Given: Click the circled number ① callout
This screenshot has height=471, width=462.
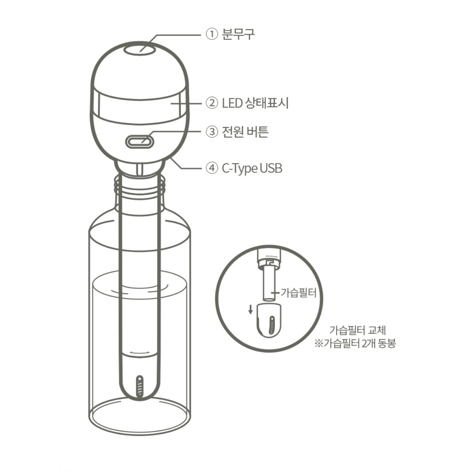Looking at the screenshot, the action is point(212,34).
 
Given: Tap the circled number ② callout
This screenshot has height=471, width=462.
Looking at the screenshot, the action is point(212,103).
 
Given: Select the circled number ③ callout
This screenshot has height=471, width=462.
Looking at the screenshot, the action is point(212,131).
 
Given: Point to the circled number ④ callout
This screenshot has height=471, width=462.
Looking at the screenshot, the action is point(212,168).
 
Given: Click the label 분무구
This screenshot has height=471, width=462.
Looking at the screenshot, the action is point(238,34).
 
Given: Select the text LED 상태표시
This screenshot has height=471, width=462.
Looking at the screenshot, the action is point(255,103).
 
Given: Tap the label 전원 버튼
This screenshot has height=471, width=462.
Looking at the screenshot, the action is point(245,131).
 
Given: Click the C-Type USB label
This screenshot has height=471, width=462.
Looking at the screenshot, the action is point(252,168).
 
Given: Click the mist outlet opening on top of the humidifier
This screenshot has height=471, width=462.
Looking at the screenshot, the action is point(140,49).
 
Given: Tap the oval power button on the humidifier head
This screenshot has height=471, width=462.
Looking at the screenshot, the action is point(140,141).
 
